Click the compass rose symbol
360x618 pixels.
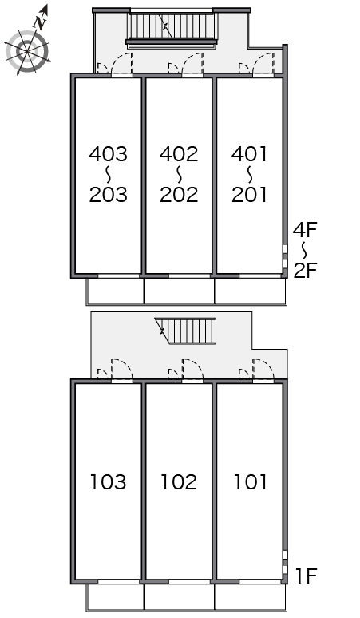click(x=27, y=51)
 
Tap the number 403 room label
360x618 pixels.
click(x=109, y=154)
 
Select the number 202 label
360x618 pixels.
click(x=179, y=195)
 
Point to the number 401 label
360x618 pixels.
click(x=249, y=154)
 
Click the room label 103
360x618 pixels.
click(x=109, y=482)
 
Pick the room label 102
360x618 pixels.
click(x=179, y=482)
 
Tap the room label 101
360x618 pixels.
click(x=251, y=482)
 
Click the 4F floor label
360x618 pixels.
click(x=305, y=229)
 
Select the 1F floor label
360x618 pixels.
click(x=307, y=576)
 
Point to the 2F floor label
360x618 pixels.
click(x=305, y=271)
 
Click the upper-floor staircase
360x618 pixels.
click(x=172, y=26)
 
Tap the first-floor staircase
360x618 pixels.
click(x=185, y=331)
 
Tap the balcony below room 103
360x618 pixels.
click(x=115, y=597)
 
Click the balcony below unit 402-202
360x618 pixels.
click(x=180, y=291)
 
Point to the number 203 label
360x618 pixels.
click(x=109, y=195)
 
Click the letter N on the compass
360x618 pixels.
click(x=40, y=22)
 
